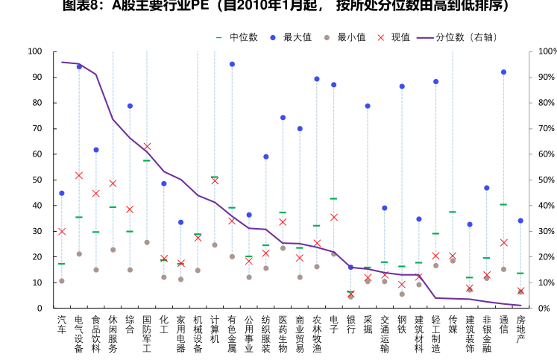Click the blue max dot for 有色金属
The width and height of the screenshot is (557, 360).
point(232,64)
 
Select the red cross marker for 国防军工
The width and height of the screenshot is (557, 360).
point(147,146)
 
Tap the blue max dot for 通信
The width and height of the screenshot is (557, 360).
point(503,72)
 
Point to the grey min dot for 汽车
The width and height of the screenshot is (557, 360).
point(62,281)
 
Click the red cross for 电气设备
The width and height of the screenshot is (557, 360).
point(79,175)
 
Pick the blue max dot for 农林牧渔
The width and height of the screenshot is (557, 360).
point(317,79)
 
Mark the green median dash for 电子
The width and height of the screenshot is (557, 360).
point(333,198)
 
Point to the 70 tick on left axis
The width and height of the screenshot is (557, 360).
point(35,129)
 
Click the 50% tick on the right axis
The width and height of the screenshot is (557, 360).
point(547,180)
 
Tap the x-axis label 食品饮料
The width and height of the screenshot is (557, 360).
point(96,333)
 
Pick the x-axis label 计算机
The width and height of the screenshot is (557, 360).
point(215,329)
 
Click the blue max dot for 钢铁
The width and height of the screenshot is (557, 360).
point(402,86)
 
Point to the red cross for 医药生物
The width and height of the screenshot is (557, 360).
point(283,222)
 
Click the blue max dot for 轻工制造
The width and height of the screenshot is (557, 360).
point(435,81)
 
